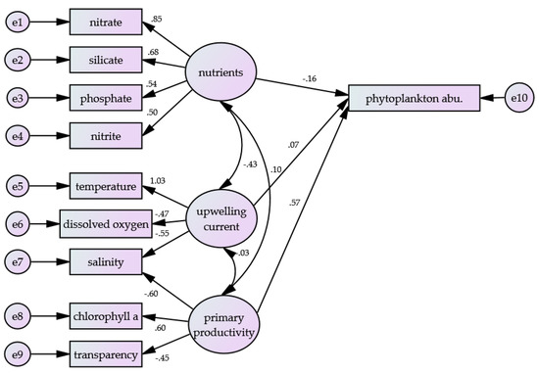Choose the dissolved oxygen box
(106, 224)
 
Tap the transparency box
(106, 353)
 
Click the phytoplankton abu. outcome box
(416, 98)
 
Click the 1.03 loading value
(158, 180)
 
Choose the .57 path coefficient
(293, 204)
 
